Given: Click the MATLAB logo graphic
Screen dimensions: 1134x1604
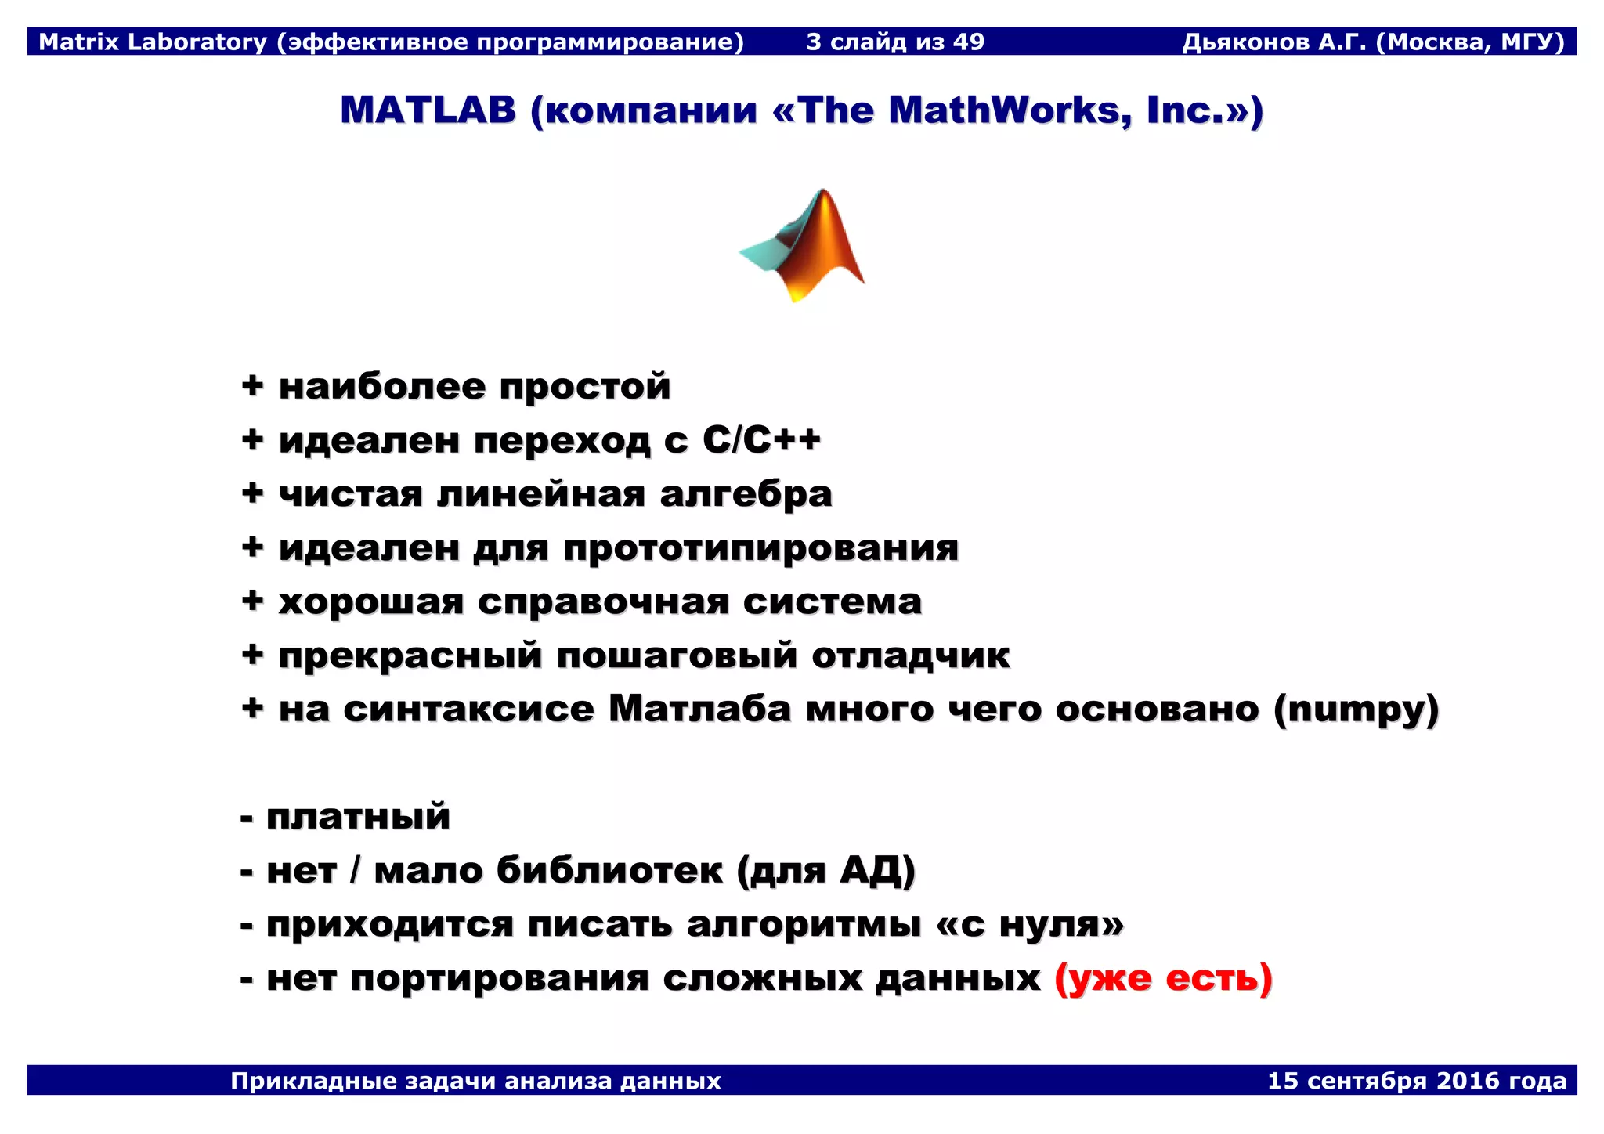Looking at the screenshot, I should point(803,244).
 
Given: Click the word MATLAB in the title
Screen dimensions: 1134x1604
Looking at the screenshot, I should point(428,110).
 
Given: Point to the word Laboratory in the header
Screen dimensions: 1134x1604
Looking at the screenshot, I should point(197,42).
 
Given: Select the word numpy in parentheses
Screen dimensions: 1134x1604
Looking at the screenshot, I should point(1356,710).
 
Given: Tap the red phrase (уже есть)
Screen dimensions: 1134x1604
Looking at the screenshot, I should point(1163,978).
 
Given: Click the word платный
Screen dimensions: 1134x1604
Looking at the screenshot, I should point(358,817).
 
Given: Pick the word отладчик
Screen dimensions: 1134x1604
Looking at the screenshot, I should point(910,655).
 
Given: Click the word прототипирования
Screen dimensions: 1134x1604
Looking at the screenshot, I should point(760,547).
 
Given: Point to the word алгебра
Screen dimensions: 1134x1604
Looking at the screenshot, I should point(746,494).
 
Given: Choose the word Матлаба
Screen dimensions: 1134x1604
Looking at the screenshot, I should point(699,710).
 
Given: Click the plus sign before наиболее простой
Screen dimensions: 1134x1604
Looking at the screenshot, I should point(252,385).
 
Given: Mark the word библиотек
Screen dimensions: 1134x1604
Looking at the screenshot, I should point(609,870).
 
